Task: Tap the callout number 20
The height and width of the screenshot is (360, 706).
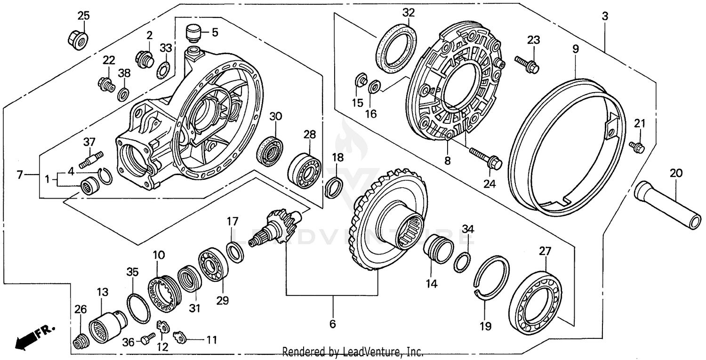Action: pos(676,173)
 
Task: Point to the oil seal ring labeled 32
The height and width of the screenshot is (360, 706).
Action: pos(396,48)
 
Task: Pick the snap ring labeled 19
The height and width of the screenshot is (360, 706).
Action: pos(491,278)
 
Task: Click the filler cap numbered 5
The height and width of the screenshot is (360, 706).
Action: pos(193,33)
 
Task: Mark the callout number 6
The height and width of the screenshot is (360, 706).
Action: pos(332,324)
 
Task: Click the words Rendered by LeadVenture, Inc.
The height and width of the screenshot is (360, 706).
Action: pos(353,352)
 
